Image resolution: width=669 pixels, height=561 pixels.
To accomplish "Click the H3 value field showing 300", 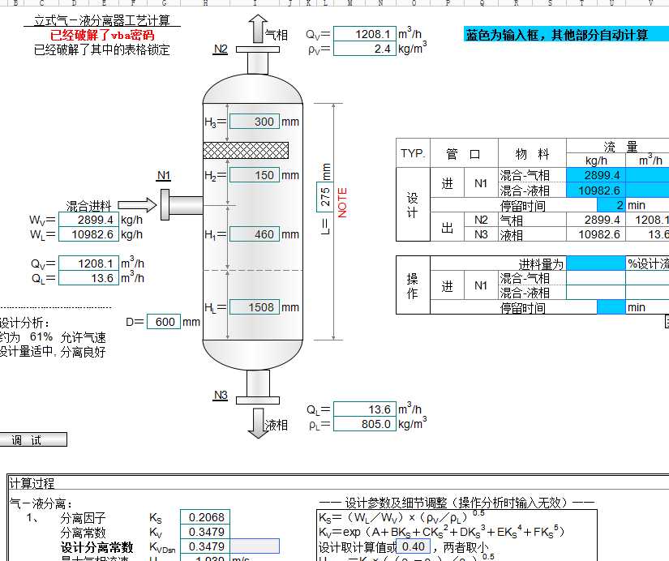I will (x=255, y=122).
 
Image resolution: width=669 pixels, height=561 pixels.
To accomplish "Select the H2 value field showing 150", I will (x=255, y=175).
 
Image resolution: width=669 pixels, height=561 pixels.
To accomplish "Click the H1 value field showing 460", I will (x=255, y=235).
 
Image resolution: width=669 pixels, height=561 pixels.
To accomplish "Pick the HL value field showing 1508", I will (x=255, y=307).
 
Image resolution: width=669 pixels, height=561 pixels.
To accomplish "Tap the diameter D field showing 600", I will (x=163, y=322).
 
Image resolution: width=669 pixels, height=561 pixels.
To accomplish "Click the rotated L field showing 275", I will (x=326, y=197).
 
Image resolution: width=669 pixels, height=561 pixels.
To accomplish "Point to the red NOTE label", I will (x=342, y=202).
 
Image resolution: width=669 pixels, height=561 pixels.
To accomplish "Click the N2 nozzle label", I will (x=221, y=49).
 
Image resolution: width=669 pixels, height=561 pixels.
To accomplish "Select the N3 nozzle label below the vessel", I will (x=221, y=396).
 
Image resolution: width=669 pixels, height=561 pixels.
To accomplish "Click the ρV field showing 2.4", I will (x=364, y=49).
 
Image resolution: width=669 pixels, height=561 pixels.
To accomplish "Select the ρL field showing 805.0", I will (x=364, y=424).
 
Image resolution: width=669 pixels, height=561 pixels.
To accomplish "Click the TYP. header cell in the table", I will (x=413, y=154).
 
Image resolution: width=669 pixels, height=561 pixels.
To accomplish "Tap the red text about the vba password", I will (x=102, y=36).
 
